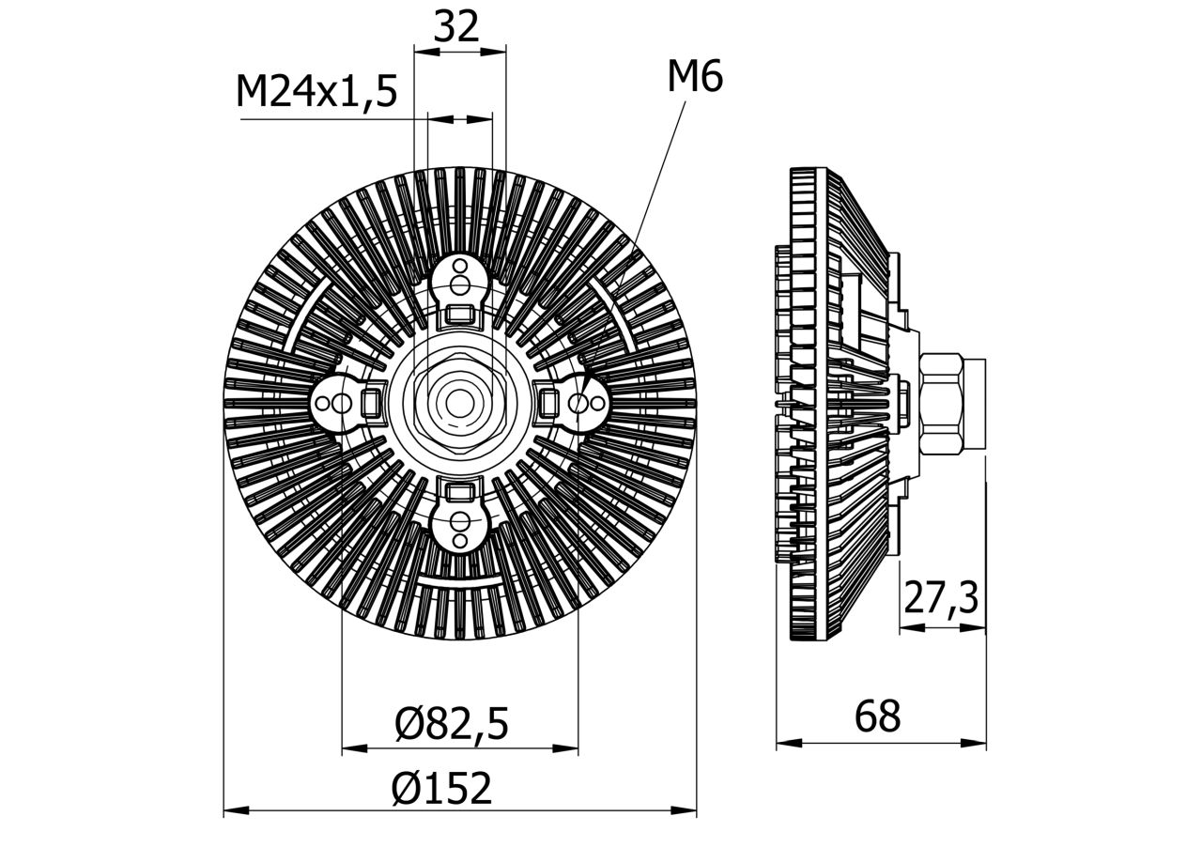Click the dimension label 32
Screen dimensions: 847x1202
(457, 27)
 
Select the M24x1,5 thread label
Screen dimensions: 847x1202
(316, 92)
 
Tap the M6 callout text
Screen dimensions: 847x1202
(695, 77)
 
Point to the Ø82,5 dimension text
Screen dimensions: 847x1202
(452, 724)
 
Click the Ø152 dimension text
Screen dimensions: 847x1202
(441, 789)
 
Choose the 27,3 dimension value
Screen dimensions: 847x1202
(941, 597)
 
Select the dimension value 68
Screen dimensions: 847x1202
(877, 717)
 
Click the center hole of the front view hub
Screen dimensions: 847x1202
(459, 403)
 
